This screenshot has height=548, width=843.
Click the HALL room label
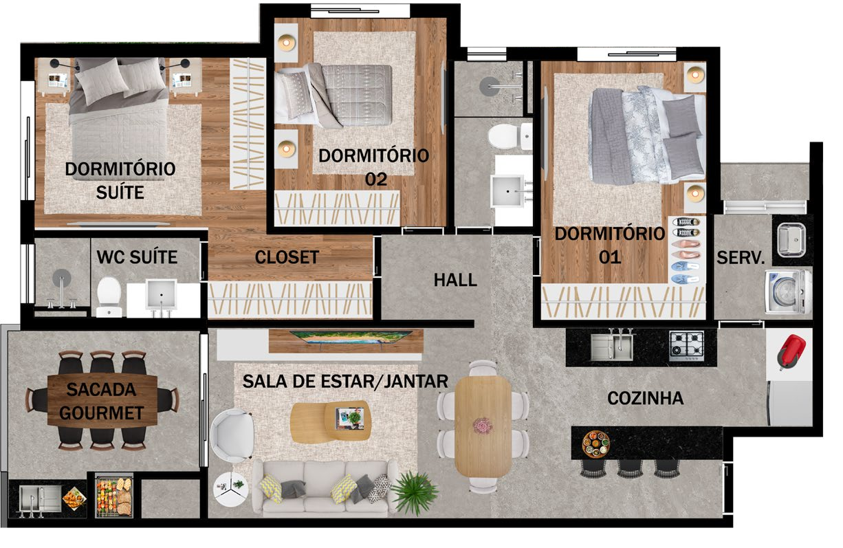(455, 280)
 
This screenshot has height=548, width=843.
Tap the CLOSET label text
(287, 257)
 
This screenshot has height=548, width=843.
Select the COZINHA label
(646, 398)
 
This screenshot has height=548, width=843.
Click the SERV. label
(741, 258)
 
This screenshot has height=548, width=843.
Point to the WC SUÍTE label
(137, 257)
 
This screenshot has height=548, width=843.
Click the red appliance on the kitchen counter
(791, 351)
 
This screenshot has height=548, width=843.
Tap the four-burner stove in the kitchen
(686, 346)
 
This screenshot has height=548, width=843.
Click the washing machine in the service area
(788, 292)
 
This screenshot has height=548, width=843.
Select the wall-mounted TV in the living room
(351, 337)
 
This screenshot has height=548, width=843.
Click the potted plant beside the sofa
(415, 492)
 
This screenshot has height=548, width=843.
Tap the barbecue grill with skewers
(114, 496)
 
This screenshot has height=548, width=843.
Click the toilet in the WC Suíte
(109, 297)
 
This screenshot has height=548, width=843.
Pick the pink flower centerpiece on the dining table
(483, 426)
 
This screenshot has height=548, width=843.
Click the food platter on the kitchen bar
(596, 443)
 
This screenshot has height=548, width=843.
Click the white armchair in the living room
(232, 435)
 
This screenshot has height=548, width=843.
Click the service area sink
(791, 239)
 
